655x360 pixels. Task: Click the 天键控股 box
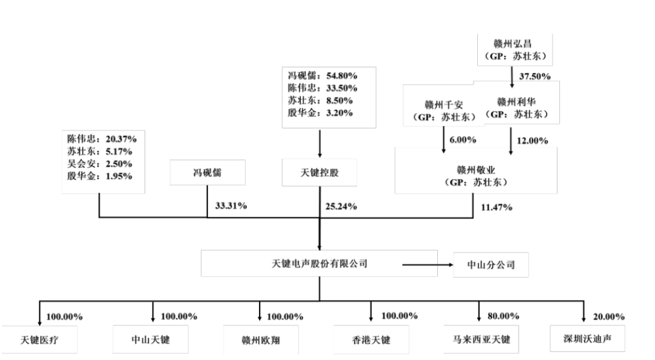click(320, 173)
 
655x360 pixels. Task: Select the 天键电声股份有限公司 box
click(319, 264)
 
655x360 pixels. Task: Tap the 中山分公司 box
click(491, 265)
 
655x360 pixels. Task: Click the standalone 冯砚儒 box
click(207, 173)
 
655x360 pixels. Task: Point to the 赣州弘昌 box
click(515, 50)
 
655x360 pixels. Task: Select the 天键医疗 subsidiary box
click(39, 340)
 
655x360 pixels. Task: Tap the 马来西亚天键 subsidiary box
click(481, 339)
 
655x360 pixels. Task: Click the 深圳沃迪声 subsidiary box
click(587, 338)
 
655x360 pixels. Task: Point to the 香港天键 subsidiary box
click(371, 340)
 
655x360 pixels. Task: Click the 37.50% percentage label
click(535, 76)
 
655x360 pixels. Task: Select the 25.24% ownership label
click(341, 206)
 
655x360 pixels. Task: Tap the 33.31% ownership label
click(231, 206)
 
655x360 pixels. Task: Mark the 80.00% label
click(503, 316)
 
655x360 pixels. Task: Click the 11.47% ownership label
click(496, 207)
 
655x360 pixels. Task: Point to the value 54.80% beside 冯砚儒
click(341, 76)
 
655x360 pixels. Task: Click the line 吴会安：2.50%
click(99, 164)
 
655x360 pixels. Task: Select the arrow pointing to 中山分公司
click(428, 265)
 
